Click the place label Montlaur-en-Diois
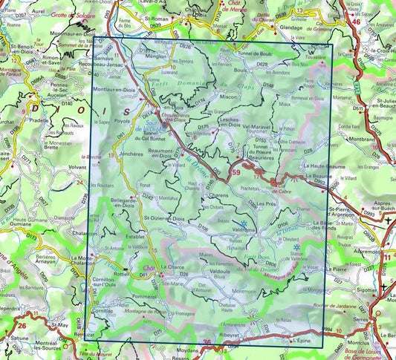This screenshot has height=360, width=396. [114, 89]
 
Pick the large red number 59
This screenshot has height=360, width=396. [236, 173]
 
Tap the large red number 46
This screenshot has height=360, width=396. [357, 23]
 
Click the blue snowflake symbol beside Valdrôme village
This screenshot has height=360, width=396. [243, 222]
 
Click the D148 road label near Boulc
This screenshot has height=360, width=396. [268, 86]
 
